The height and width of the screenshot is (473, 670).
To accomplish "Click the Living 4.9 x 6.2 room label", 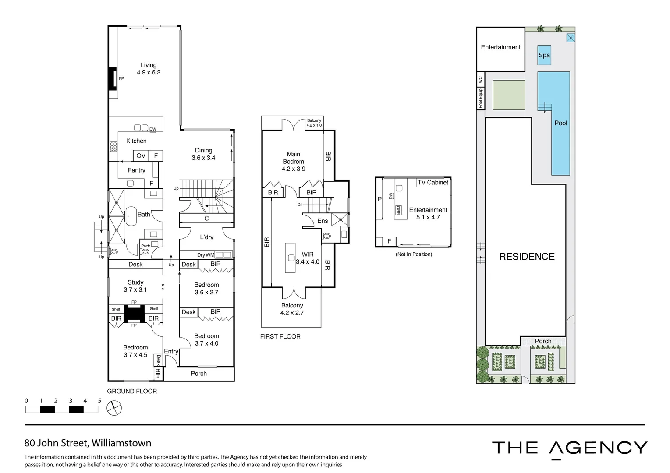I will click(149, 69).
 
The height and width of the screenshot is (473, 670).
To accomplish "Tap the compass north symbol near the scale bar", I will click(114, 409).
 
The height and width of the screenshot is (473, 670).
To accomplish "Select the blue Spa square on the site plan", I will click(544, 55).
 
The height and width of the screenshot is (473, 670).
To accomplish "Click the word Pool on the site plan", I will click(560, 123).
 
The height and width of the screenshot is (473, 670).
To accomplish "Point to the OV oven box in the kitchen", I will click(141, 155).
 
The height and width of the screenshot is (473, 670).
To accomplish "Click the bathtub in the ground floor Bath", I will click(131, 216).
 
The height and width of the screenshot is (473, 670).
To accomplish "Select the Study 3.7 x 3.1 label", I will click(135, 286).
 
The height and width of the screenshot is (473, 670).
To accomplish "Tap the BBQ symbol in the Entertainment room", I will click(398, 210).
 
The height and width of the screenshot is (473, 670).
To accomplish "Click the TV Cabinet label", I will click(432, 182).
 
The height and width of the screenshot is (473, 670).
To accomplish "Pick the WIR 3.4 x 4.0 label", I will click(308, 258).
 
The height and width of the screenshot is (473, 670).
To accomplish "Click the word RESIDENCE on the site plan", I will click(527, 257).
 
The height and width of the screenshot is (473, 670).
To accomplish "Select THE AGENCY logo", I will click(569, 448).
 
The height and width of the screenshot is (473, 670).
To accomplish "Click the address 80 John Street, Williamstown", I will click(88, 443).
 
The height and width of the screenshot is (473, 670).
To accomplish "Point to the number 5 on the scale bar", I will click(99, 401).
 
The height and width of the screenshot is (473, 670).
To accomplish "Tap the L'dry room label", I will click(206, 237).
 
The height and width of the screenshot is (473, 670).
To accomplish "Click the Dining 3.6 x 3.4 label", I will click(203, 154).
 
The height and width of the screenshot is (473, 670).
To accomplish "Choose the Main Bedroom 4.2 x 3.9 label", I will click(293, 161).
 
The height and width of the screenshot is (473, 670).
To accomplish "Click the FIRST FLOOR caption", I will click(280, 336).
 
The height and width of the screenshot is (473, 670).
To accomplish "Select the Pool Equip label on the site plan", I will click(480, 98).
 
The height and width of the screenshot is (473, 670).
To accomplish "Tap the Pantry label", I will click(136, 170).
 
